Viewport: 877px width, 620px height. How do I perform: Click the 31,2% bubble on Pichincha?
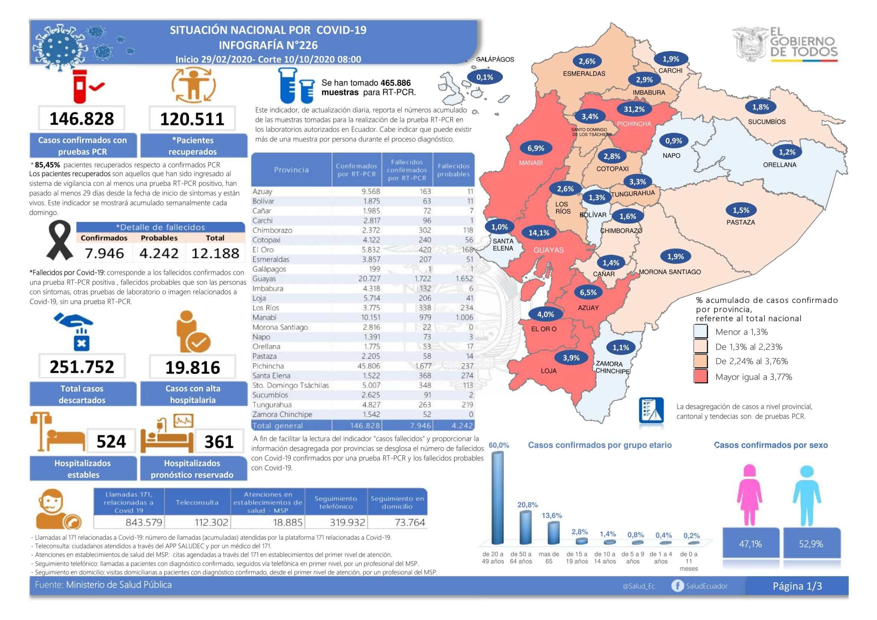pos(634,109)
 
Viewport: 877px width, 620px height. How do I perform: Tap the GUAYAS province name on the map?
pos(549,250)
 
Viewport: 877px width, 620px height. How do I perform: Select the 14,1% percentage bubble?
pos(538,233)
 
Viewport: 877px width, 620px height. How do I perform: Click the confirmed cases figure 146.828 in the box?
pos(82,119)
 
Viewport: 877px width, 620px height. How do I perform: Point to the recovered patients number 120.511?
pos(192,119)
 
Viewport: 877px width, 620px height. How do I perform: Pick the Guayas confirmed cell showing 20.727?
pos(369,279)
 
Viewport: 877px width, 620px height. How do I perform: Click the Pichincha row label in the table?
pos(268,366)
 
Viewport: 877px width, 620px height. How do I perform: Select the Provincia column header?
pos(291,170)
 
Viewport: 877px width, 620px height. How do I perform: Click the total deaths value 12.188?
pos(216,253)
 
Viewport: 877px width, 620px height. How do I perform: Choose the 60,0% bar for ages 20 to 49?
pos(497,498)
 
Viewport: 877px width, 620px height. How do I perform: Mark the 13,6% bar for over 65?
pos(553,533)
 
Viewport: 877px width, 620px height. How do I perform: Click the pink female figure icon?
pos(750,495)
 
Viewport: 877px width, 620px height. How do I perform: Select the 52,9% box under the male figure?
pos(811,544)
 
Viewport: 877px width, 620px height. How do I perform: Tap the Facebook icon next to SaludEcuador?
pos(678,586)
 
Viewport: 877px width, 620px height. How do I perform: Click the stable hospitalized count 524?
pos(111,442)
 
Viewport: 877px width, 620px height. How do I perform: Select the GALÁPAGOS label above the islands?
pos(495,60)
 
